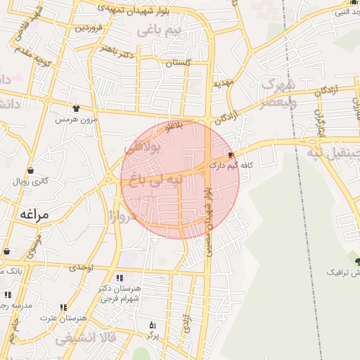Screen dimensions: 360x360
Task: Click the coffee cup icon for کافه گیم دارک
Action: click(231, 155)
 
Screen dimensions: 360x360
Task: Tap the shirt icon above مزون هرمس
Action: click(76, 108)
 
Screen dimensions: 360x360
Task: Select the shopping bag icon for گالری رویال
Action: click(30, 171)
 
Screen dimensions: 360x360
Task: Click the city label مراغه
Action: click(33, 214)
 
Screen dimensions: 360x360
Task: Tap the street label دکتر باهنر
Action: click(117, 51)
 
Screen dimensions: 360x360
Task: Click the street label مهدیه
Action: click(223, 84)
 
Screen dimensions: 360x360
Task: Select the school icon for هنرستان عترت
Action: click(63, 307)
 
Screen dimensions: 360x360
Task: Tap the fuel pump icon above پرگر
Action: click(153, 325)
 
